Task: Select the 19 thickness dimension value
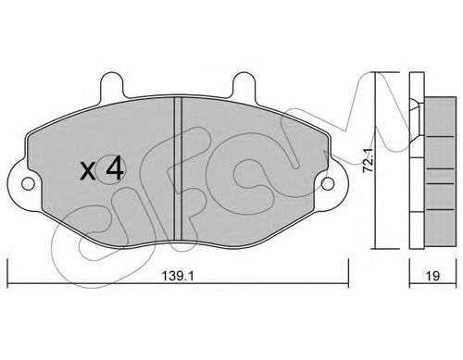pyautogui.click(x=432, y=275)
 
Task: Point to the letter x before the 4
pyautogui.click(x=88, y=171)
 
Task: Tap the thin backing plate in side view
pyautogui.click(x=414, y=167)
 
